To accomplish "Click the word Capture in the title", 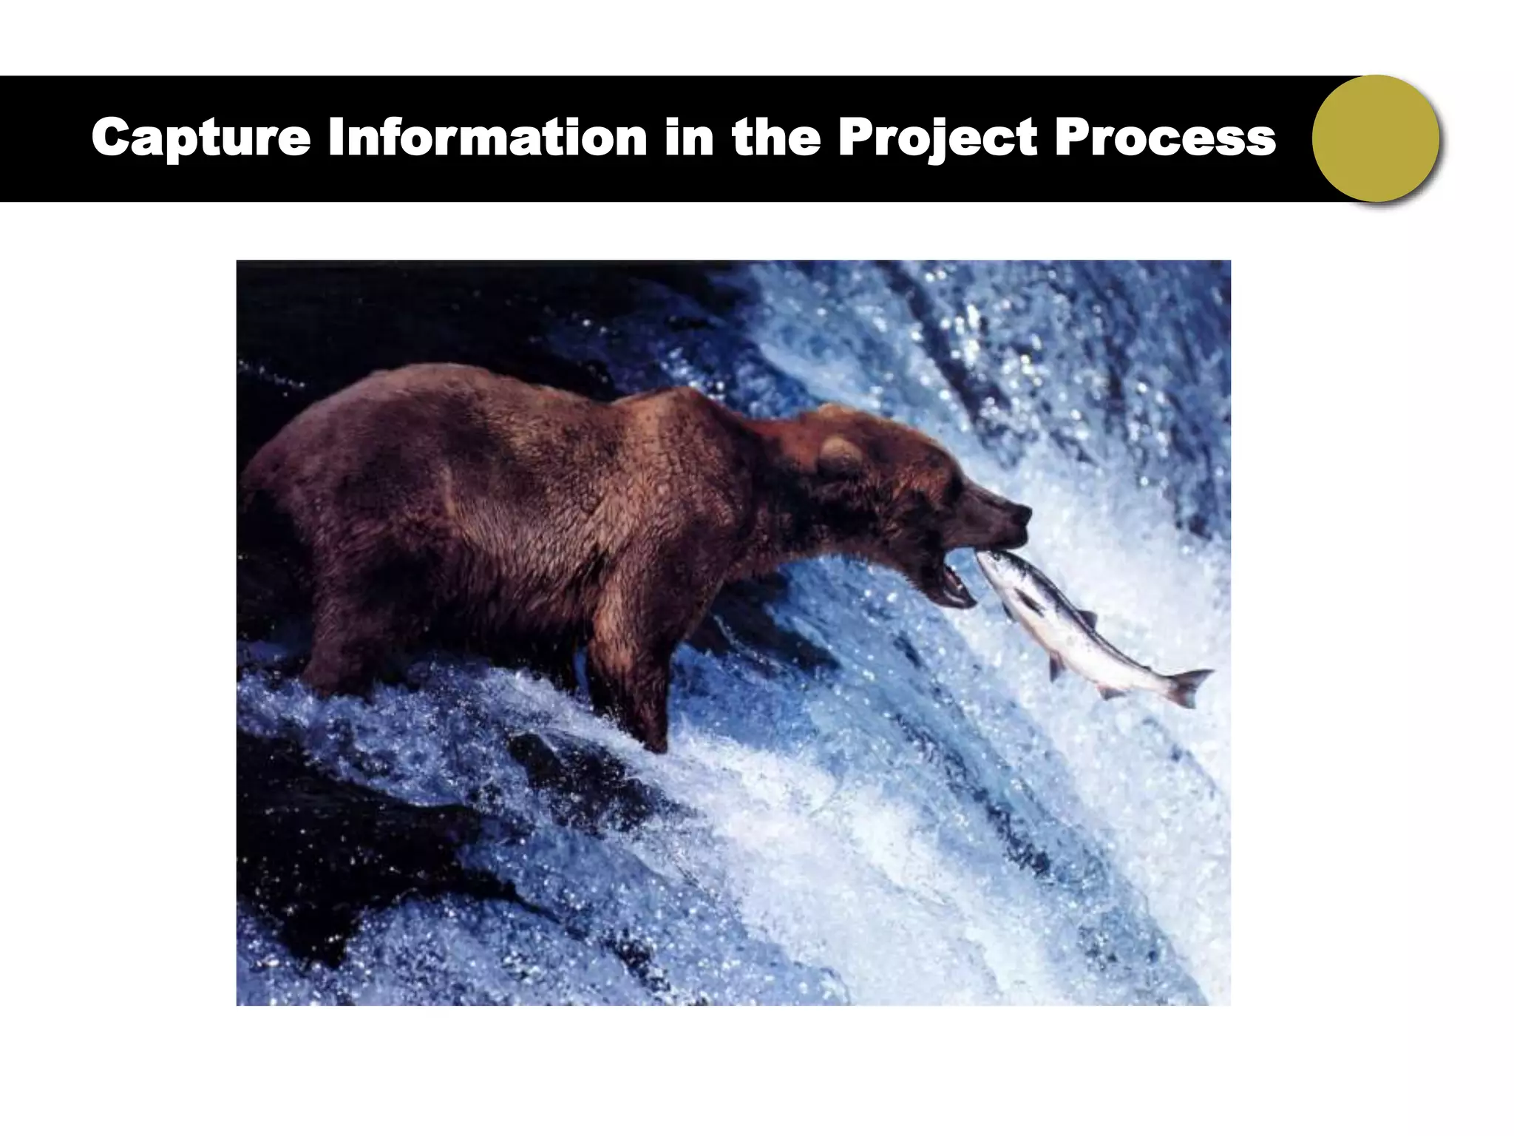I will (x=200, y=138).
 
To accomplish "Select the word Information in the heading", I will (x=487, y=138).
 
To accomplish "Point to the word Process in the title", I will (x=1165, y=138).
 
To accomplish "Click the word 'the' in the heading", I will (x=775, y=138).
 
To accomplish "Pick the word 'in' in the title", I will (x=688, y=138).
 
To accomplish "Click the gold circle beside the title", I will (x=1376, y=138).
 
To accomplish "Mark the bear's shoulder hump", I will (x=665, y=414).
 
